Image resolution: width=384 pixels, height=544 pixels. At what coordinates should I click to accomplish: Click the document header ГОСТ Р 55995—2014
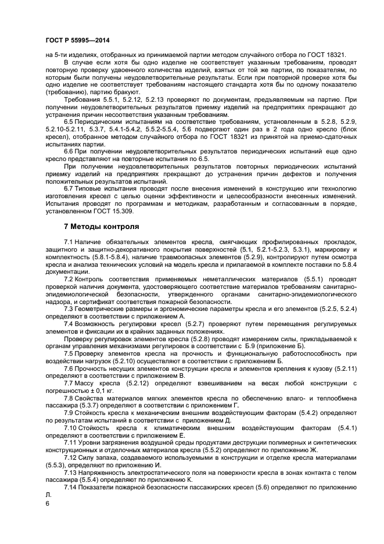pos(77,40)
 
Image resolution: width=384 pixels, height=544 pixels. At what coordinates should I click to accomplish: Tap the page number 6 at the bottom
pos(47,503)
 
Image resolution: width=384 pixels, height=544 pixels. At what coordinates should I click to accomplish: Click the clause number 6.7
pos(70,189)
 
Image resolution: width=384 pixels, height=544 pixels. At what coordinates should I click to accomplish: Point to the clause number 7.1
pos(70,241)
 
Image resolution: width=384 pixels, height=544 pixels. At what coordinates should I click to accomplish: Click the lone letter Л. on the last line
pos(48,494)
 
